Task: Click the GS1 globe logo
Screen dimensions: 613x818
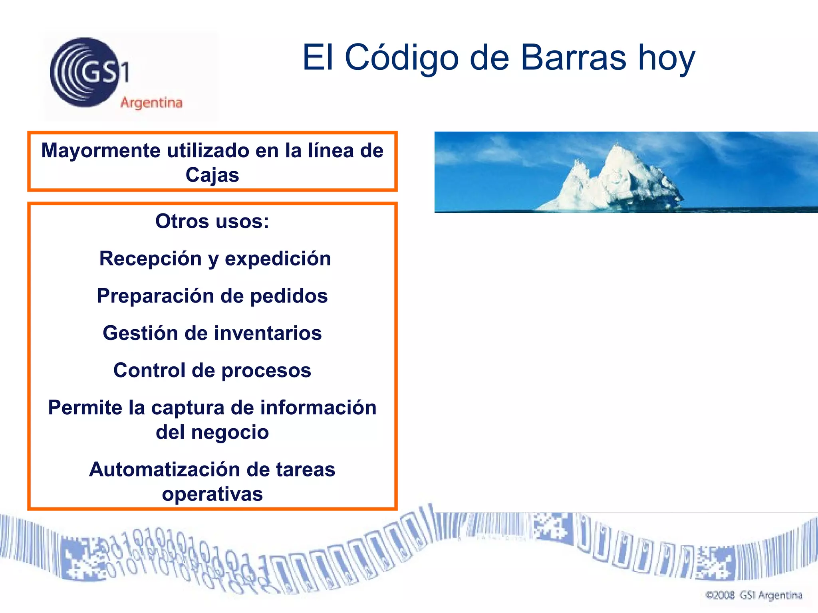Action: click(85, 72)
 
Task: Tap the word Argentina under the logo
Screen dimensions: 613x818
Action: click(151, 103)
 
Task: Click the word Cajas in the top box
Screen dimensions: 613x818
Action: click(212, 175)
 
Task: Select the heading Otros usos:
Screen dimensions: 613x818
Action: click(212, 221)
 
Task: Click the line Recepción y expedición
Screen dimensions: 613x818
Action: click(215, 259)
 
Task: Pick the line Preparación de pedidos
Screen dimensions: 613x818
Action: click(212, 296)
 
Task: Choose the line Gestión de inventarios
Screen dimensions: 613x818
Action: click(212, 333)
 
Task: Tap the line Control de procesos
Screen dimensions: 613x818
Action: click(212, 370)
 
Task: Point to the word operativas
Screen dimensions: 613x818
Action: click(212, 494)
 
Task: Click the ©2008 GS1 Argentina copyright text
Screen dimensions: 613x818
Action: click(754, 595)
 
